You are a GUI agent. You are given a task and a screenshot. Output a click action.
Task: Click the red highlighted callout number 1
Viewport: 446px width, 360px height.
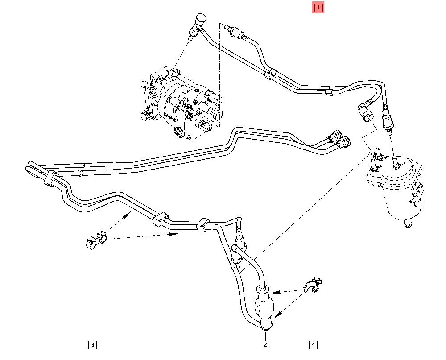(x=318, y=8)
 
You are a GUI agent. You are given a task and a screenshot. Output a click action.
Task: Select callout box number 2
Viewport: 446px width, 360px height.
(x=265, y=345)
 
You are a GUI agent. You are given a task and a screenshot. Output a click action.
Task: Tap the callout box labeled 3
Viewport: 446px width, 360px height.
(x=93, y=345)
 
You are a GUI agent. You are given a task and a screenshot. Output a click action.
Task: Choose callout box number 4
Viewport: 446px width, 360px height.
(x=313, y=345)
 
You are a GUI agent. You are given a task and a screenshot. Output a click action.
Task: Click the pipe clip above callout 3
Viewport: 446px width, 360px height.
(x=95, y=240)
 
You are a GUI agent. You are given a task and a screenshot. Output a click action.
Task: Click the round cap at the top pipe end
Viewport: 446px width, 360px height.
(x=201, y=19)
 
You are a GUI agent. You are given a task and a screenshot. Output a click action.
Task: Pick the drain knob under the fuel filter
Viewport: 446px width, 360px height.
(x=408, y=223)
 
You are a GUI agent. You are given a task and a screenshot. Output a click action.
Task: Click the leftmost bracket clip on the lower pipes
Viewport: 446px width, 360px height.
(x=49, y=177)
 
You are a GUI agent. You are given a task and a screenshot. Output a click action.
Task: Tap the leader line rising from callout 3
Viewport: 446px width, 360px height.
(x=93, y=294)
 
